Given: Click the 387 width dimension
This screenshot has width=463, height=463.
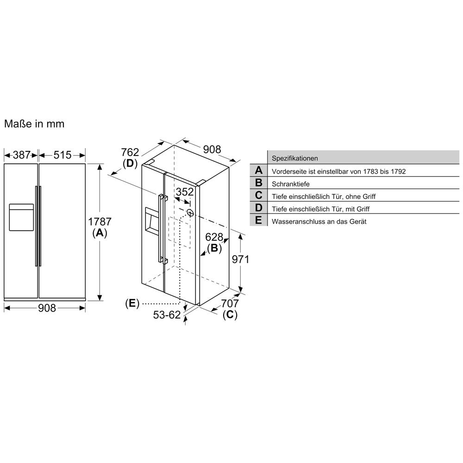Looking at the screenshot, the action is point(22,155).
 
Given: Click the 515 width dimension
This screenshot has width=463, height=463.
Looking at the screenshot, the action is point(63,155).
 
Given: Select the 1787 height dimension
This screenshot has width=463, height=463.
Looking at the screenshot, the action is point(100,221).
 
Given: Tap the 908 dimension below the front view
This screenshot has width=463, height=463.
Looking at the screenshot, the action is point(47,308).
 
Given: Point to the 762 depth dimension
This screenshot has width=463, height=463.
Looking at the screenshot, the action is point(130,152).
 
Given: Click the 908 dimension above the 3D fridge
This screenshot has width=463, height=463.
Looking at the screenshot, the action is point(212,150).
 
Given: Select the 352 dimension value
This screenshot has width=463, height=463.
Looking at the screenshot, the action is point(185,192).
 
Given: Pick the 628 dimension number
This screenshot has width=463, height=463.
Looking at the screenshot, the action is point(214,237).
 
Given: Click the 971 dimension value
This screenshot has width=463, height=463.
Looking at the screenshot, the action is point(240,259).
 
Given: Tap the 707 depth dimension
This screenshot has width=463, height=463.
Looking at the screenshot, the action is point(230,303).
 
